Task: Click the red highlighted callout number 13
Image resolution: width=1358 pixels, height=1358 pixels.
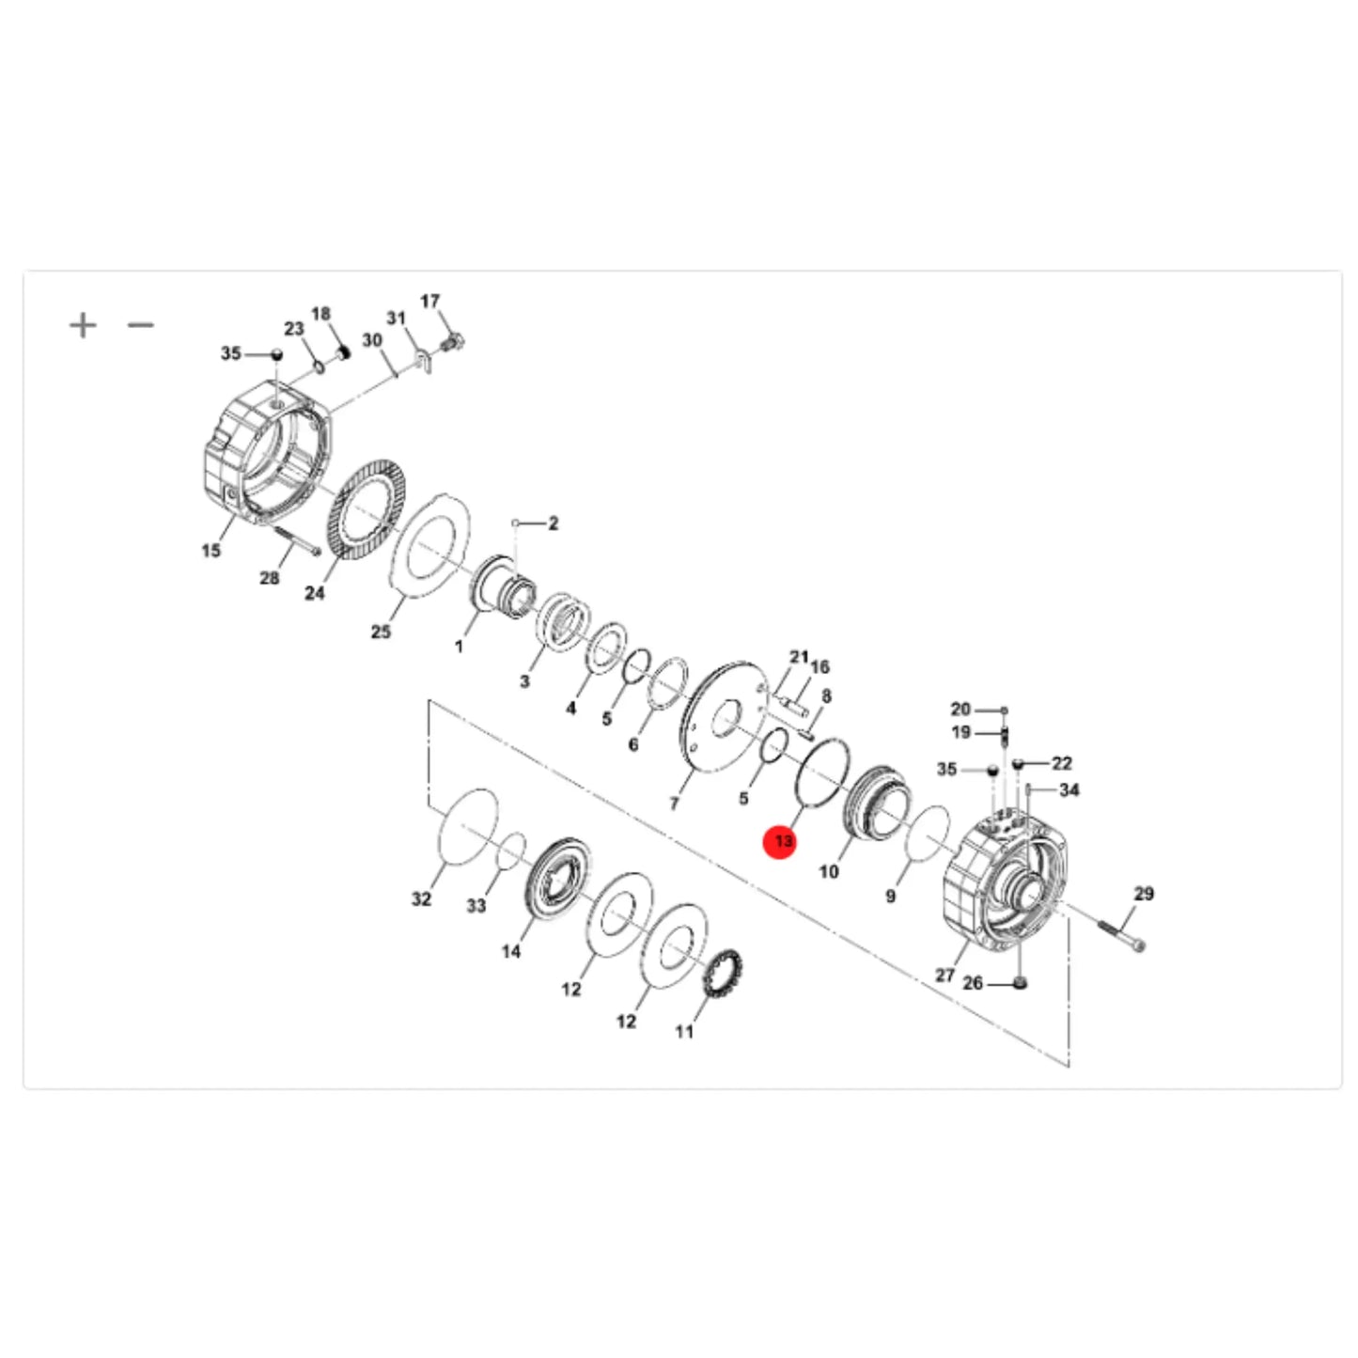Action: tap(783, 841)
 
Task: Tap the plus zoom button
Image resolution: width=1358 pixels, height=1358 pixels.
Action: tap(83, 325)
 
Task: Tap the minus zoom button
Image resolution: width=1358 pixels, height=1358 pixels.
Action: tap(141, 325)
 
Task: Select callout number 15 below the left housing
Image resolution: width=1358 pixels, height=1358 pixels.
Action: tap(211, 551)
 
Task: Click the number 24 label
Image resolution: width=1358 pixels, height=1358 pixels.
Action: tap(315, 593)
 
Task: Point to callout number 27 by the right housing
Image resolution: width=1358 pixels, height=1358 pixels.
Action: tap(945, 976)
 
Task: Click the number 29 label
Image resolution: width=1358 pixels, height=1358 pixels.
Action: tap(1144, 894)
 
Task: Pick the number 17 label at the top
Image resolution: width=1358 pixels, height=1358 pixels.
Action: tap(429, 302)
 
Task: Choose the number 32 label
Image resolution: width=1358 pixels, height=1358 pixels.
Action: tap(421, 899)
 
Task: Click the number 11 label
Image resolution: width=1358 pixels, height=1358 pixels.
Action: tap(684, 1032)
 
